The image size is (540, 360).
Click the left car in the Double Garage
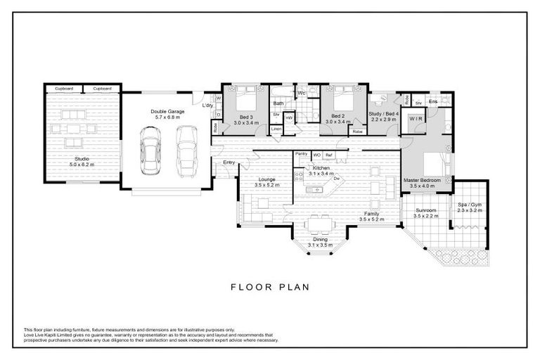click(149, 150)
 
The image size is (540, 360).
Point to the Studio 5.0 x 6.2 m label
click(83, 161)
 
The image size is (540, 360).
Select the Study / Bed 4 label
click(385, 114)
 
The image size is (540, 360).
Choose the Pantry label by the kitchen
click(302, 153)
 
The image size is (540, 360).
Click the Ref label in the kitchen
click(328, 154)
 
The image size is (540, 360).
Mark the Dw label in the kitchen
click(336, 179)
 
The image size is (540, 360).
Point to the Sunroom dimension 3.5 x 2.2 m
click(427, 216)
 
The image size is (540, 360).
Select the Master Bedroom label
click(422, 180)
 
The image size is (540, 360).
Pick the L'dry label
click(207, 105)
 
